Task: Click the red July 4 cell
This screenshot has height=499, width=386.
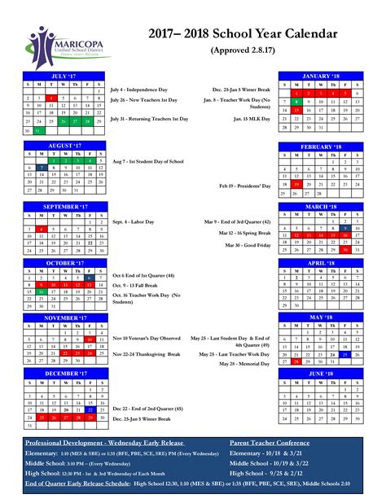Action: click(x=51, y=98)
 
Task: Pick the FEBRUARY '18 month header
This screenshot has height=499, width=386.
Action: click(x=320, y=147)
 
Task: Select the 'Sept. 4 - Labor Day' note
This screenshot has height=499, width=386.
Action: click(x=134, y=221)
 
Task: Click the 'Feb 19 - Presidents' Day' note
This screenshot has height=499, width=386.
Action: click(x=243, y=186)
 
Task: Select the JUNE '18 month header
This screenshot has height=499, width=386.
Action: click(x=320, y=372)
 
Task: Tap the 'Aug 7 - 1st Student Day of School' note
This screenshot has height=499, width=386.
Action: click(x=148, y=161)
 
